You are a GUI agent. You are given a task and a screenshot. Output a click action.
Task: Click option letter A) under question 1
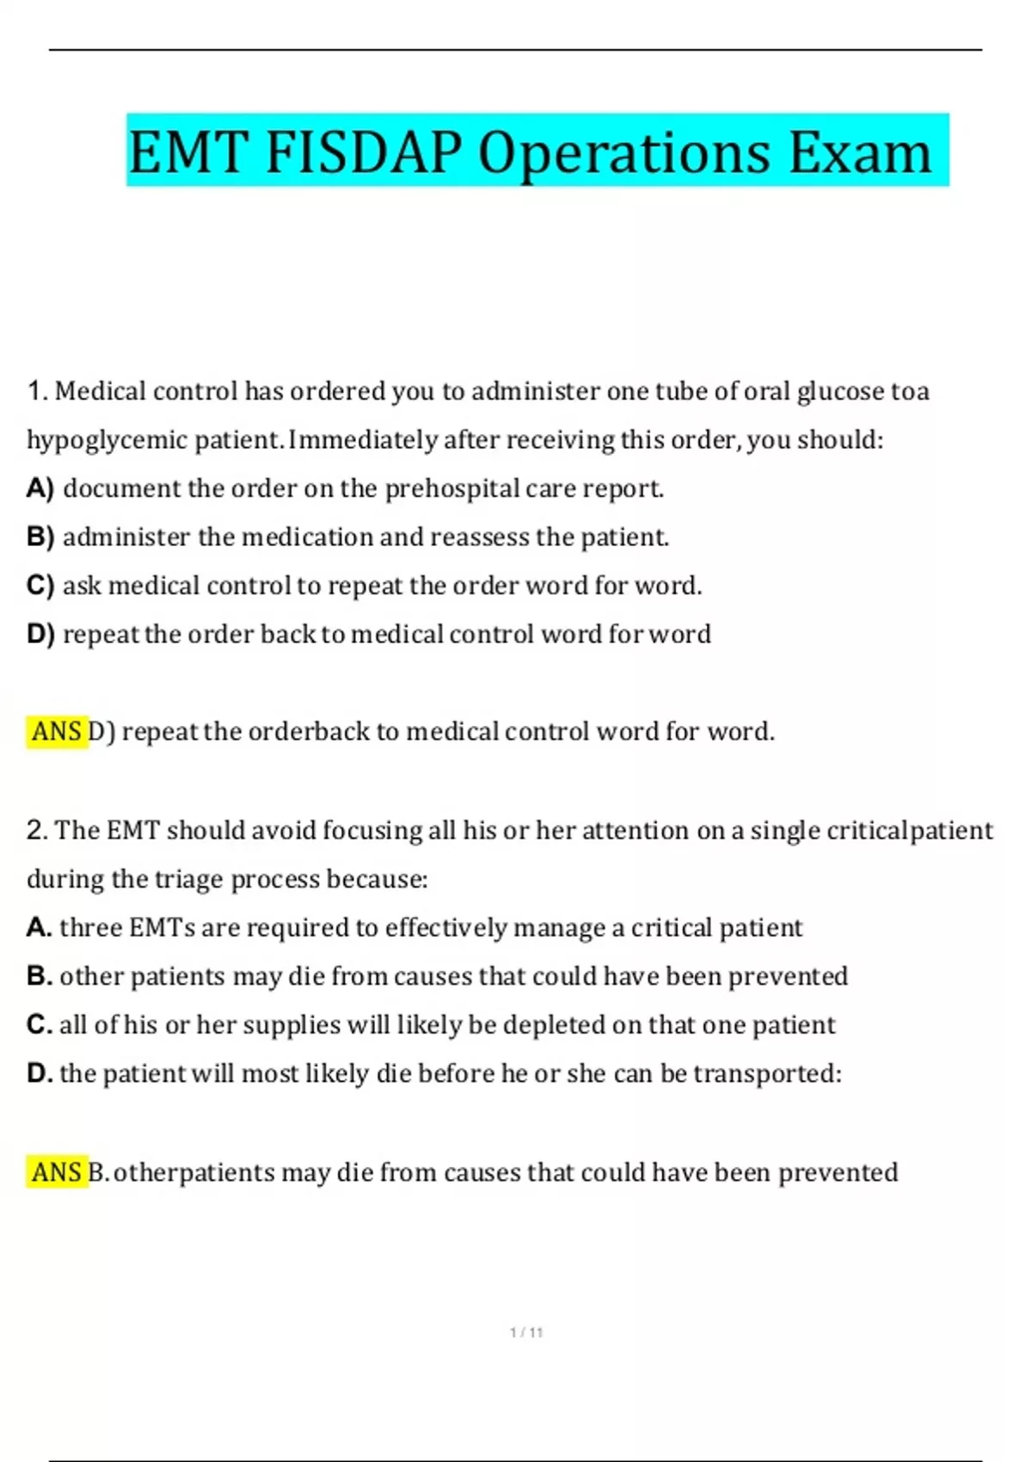[x=40, y=488]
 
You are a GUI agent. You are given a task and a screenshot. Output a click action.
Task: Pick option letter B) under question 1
[x=40, y=537]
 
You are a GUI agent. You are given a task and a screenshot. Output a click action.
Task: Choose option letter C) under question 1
[x=40, y=586]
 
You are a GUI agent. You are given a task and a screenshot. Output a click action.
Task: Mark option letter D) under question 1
[x=40, y=635]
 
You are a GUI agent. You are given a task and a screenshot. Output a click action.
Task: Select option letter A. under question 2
[x=39, y=927]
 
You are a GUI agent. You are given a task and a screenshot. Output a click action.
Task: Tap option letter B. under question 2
[x=39, y=976]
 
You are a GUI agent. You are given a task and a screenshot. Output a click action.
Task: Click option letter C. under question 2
[x=39, y=1024]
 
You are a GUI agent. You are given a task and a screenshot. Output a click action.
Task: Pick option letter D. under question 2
[x=39, y=1073]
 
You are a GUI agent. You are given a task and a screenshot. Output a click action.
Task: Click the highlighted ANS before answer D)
[x=57, y=732]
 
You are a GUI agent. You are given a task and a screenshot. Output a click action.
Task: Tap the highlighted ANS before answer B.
[x=57, y=1172]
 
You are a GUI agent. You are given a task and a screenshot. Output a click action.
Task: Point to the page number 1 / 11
[x=526, y=1332]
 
